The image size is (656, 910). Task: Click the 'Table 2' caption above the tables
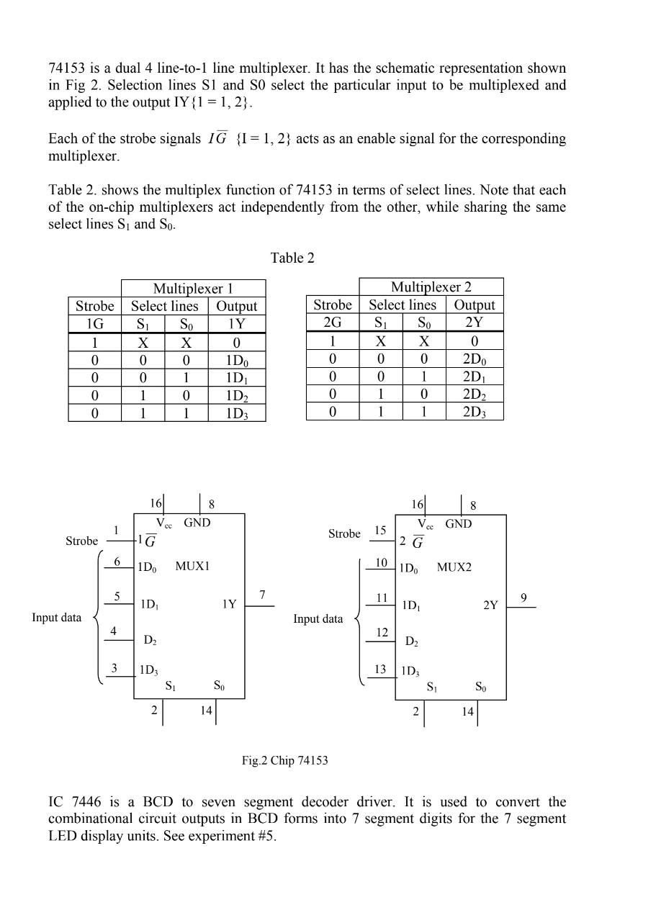tap(292, 258)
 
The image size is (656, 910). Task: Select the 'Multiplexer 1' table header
tap(193, 289)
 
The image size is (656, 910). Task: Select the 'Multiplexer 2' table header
tap(431, 287)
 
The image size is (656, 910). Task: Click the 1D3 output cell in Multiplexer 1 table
tap(237, 413)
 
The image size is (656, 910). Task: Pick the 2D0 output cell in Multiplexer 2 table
tap(475, 359)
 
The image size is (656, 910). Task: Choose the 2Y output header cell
tap(475, 322)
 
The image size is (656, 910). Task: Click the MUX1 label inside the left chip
tap(192, 567)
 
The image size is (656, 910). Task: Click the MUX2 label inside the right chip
tap(454, 567)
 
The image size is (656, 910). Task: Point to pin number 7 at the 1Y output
tap(263, 595)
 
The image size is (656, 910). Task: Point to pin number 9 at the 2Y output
tap(524, 598)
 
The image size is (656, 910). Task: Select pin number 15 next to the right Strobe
tap(379, 531)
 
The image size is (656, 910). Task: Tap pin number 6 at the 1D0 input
tap(117, 562)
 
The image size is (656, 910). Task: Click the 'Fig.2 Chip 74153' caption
tap(284, 760)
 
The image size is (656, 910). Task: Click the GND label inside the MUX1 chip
tap(197, 523)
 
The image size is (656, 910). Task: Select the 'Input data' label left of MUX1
tap(56, 617)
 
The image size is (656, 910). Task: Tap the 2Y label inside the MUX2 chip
tap(490, 605)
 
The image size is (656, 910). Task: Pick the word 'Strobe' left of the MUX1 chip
tap(81, 541)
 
